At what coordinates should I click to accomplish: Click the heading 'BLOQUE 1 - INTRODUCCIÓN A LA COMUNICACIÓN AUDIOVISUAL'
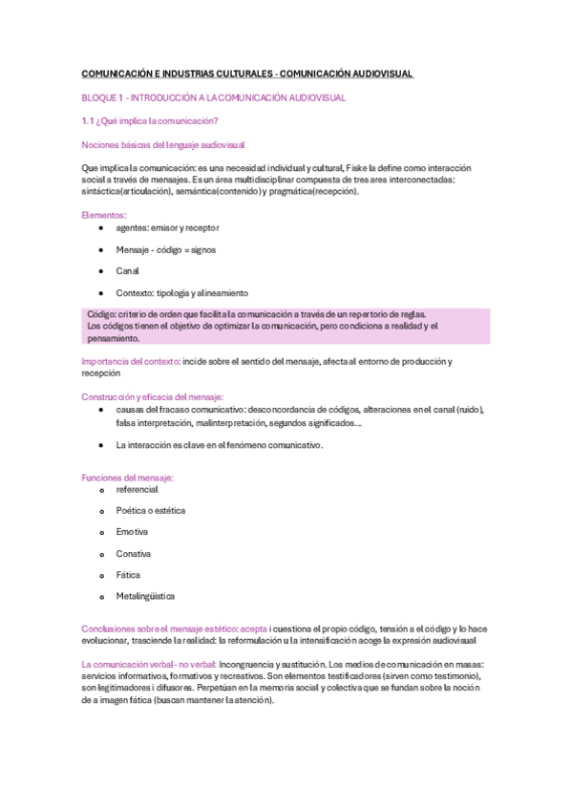coord(214,97)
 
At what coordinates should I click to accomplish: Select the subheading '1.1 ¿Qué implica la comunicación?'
coord(150,120)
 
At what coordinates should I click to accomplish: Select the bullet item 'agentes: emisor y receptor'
coord(167,227)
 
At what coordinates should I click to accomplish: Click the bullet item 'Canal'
coord(128,271)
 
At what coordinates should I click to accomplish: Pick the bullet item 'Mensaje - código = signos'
coord(165,249)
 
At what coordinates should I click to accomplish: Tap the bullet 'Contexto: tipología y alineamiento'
coord(181,293)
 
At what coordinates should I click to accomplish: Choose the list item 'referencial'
coord(137,489)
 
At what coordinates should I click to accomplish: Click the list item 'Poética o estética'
coord(151,510)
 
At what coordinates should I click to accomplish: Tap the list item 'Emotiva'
coord(132,532)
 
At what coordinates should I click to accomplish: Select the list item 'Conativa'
coord(133,554)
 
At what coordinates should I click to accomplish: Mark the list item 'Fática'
coord(129,575)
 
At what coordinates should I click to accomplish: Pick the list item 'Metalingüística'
coord(145,597)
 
